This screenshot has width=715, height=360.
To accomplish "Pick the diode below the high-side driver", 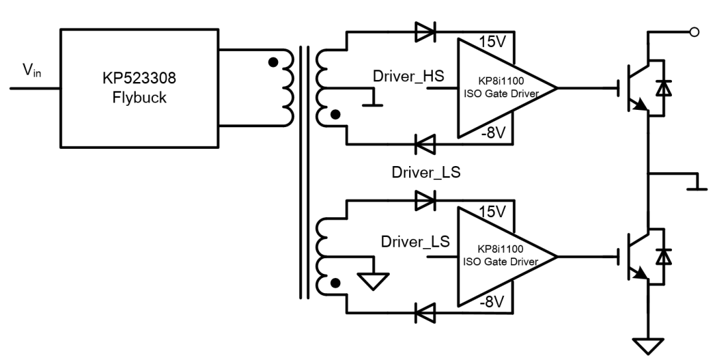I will click(424, 142).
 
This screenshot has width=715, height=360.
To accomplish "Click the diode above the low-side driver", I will click(424, 199).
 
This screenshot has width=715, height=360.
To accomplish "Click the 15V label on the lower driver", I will click(491, 212).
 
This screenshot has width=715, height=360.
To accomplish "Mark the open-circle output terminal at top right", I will click(693, 30).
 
